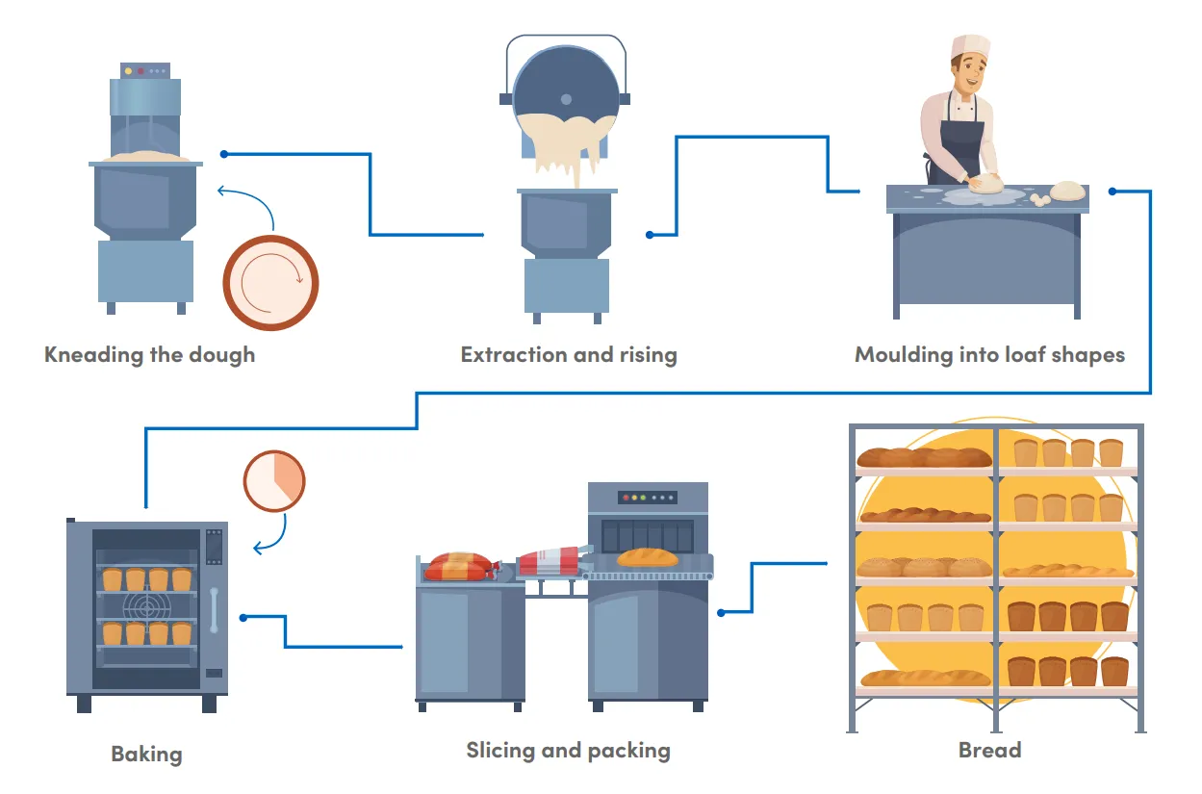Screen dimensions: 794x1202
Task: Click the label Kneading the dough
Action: (x=150, y=355)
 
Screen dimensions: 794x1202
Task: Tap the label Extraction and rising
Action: (x=569, y=355)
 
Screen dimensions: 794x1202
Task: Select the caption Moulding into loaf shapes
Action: (x=989, y=355)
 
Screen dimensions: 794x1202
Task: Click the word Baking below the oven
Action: (x=146, y=754)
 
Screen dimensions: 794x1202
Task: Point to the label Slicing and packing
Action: (x=568, y=751)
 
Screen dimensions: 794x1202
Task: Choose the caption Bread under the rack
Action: (x=989, y=751)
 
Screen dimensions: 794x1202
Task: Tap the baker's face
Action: (x=965, y=75)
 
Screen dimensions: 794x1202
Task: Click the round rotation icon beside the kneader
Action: (x=270, y=283)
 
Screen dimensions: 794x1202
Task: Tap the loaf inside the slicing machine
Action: (x=647, y=557)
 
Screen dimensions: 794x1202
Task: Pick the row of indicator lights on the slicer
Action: (x=646, y=499)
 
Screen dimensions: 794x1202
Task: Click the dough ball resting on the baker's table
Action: (x=1067, y=191)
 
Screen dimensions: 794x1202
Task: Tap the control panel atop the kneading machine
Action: (x=144, y=70)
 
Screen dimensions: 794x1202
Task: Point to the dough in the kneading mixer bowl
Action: (x=145, y=156)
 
